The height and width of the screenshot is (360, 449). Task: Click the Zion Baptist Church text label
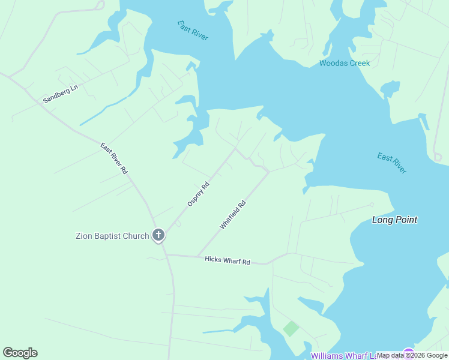112,236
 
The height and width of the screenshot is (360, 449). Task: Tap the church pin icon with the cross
158,235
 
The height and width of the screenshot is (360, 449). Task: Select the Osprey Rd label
198,194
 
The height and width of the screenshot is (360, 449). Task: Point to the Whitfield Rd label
233,215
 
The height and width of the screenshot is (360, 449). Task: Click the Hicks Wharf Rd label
227,260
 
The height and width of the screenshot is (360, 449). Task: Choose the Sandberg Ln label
60,94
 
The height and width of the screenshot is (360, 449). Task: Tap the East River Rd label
114,158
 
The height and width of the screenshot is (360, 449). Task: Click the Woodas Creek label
345,63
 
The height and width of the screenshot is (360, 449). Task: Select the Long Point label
394,220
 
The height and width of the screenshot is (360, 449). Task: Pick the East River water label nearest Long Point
392,163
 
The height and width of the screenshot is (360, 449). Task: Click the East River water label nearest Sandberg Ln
193,31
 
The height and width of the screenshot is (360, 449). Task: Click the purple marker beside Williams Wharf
409,354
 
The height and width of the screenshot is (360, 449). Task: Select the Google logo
20,353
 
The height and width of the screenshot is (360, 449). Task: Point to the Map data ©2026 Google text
412,355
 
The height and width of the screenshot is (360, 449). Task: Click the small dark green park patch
291,328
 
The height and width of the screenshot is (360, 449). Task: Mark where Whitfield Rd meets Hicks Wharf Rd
198,257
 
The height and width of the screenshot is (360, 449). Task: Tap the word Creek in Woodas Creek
358,63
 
